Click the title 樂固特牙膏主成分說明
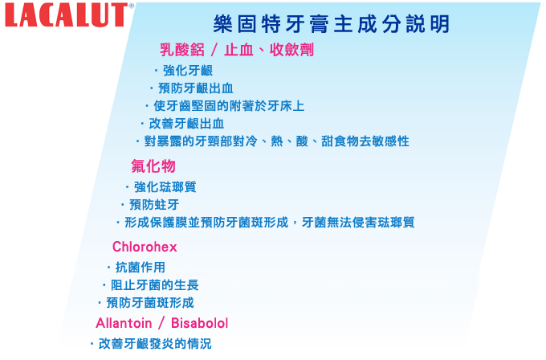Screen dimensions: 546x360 [332, 24]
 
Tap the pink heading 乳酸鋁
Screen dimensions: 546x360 [182, 50]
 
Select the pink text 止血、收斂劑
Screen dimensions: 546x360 [269, 50]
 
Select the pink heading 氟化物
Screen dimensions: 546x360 [153, 166]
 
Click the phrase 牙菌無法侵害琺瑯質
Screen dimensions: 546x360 [358, 223]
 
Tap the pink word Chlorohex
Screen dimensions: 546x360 [145, 247]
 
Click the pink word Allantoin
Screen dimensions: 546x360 [124, 323]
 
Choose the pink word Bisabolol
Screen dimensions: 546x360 [199, 323]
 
